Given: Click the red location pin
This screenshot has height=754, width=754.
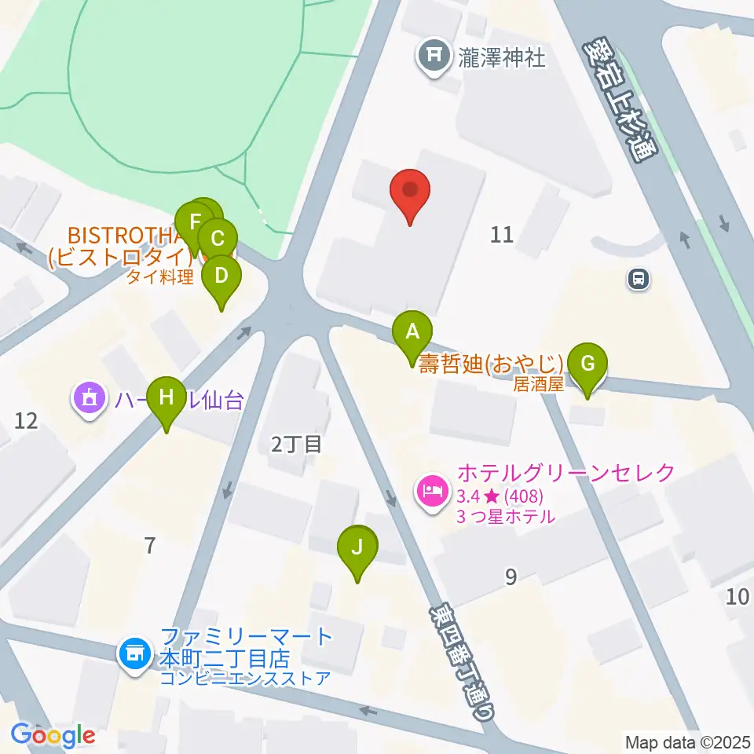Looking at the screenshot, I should point(411,193).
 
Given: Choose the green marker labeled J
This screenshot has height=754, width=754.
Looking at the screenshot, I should point(357,548).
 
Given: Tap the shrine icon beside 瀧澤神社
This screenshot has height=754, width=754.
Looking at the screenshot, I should point(433,56).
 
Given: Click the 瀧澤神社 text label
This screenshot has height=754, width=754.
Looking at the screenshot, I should point(502,58).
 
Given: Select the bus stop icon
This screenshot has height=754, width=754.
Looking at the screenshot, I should point(639,278).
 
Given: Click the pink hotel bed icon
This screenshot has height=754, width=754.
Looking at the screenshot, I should point(432,493).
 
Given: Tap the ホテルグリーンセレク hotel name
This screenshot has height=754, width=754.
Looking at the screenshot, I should point(565,473).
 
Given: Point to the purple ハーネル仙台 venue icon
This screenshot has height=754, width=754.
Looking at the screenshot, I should point(89,399).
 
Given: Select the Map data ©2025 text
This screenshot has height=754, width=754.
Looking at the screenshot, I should point(686,741).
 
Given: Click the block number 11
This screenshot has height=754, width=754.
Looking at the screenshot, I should point(502,233).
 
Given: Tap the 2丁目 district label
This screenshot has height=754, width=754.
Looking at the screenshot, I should point(296,445).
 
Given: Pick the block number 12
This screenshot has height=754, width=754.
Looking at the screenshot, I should point(26,421).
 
